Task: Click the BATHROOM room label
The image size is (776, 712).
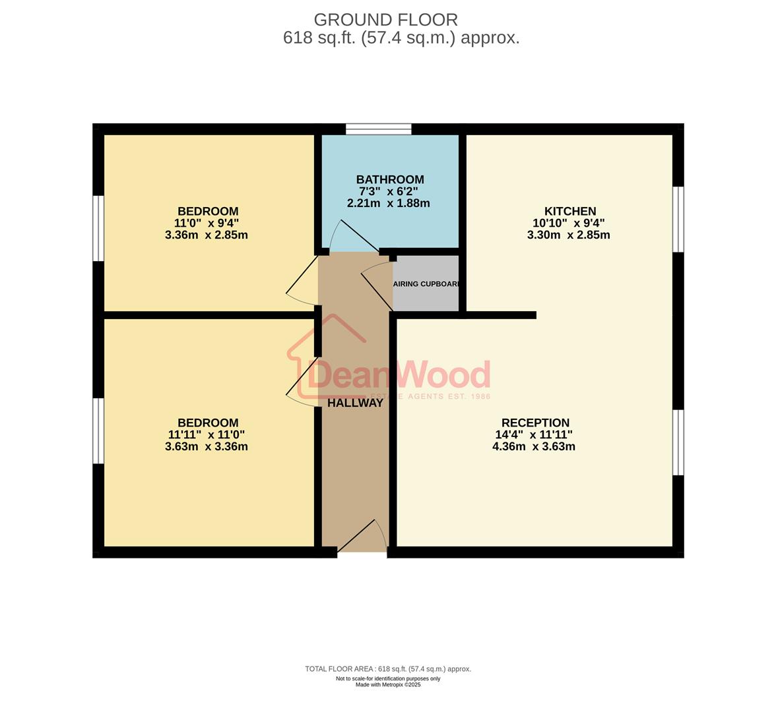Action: pos(389,179)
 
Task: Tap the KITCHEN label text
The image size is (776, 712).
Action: pos(570,211)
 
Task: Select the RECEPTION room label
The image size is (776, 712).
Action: pos(534,423)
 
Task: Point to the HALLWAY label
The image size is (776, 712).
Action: pos(355,403)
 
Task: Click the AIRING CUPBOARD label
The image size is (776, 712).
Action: pos(426,284)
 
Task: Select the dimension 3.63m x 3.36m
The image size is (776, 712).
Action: pos(207,446)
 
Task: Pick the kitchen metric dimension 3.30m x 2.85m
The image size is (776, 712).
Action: pos(568,235)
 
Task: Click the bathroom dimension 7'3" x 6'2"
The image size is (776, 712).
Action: pos(389,191)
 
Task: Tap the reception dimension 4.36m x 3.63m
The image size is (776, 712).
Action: pos(534,446)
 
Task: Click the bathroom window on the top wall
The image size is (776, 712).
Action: pos(379,129)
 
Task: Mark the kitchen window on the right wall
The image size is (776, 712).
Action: pos(678,219)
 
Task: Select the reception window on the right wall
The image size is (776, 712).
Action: pos(678,442)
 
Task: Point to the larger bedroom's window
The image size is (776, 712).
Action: pos(98,430)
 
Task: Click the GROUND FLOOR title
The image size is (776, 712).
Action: pos(385,20)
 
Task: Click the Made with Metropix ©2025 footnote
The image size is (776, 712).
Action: pos(388,684)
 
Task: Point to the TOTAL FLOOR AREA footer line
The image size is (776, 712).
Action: pos(388,668)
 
